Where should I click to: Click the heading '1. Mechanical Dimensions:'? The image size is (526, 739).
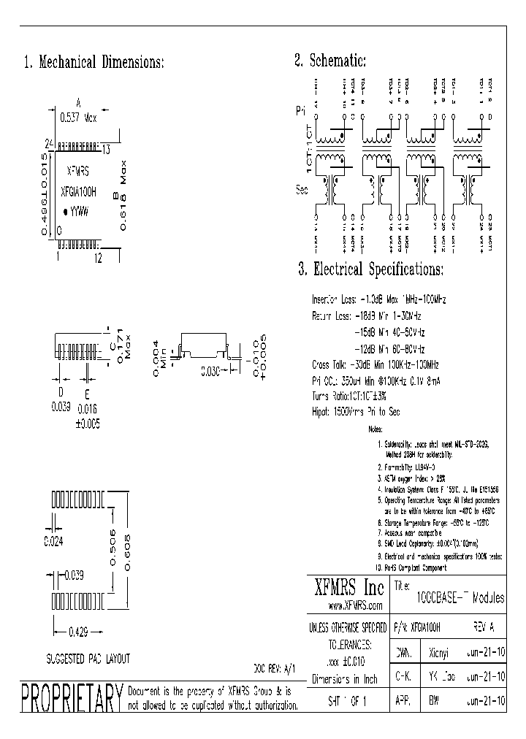[x=94, y=63]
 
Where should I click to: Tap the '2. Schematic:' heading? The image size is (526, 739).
[x=330, y=61]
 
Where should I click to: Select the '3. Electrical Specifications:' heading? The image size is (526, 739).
[x=370, y=270]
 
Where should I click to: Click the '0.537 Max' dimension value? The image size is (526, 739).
[x=80, y=117]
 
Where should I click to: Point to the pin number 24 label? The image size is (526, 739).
[x=50, y=144]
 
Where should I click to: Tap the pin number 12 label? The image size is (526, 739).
[x=96, y=256]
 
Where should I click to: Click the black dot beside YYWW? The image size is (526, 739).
[x=65, y=211]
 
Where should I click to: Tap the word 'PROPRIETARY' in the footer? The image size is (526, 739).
[x=71, y=700]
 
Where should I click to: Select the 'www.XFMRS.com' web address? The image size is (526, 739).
[x=356, y=607]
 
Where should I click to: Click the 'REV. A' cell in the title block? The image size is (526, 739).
[x=484, y=627]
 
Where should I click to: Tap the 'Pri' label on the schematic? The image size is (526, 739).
[x=300, y=112]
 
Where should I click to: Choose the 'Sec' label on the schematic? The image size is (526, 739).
[x=301, y=190]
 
